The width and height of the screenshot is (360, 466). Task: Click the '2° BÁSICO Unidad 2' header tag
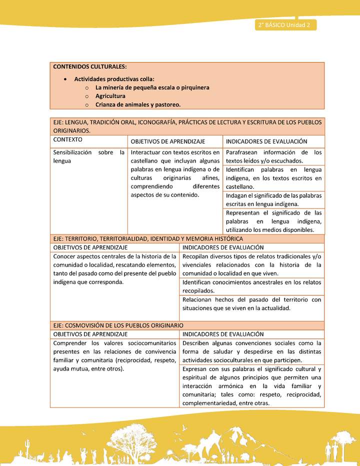click(x=284, y=25)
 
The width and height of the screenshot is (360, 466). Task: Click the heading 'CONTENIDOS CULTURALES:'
click(x=90, y=66)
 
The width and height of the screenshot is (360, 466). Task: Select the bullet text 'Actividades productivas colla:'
click(x=114, y=78)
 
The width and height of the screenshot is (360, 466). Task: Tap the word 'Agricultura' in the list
click(x=110, y=96)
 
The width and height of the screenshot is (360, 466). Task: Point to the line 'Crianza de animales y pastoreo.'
click(x=138, y=104)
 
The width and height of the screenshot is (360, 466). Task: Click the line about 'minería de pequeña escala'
click(x=152, y=87)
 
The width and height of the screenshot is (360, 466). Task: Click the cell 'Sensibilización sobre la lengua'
click(x=88, y=156)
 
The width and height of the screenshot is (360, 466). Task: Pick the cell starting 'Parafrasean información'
click(x=273, y=156)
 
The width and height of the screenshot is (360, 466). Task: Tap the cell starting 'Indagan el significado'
click(x=273, y=199)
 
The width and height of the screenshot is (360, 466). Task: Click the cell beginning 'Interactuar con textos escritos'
click(x=175, y=173)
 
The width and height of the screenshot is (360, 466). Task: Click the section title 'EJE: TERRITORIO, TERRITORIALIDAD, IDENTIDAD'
click(x=148, y=239)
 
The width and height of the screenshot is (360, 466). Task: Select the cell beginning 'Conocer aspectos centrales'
click(x=115, y=269)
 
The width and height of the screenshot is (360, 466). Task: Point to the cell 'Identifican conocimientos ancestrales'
click(x=251, y=286)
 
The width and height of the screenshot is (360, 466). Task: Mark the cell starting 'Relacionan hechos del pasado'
click(x=251, y=304)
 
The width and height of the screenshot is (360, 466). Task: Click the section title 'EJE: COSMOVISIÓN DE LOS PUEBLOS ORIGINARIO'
click(x=118, y=325)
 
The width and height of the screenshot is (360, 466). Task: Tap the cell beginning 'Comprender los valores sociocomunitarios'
click(x=115, y=356)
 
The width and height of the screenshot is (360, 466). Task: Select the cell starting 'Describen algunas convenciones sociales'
click(x=251, y=351)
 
